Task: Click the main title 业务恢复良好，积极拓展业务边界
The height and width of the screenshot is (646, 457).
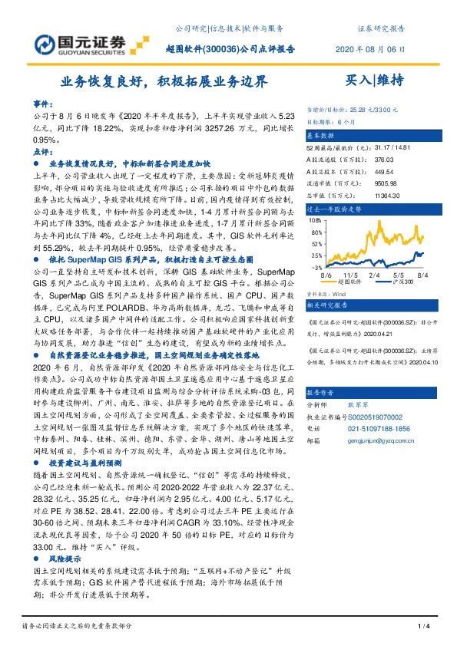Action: [165, 80]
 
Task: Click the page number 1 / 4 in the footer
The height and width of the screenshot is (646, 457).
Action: [422, 628]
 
